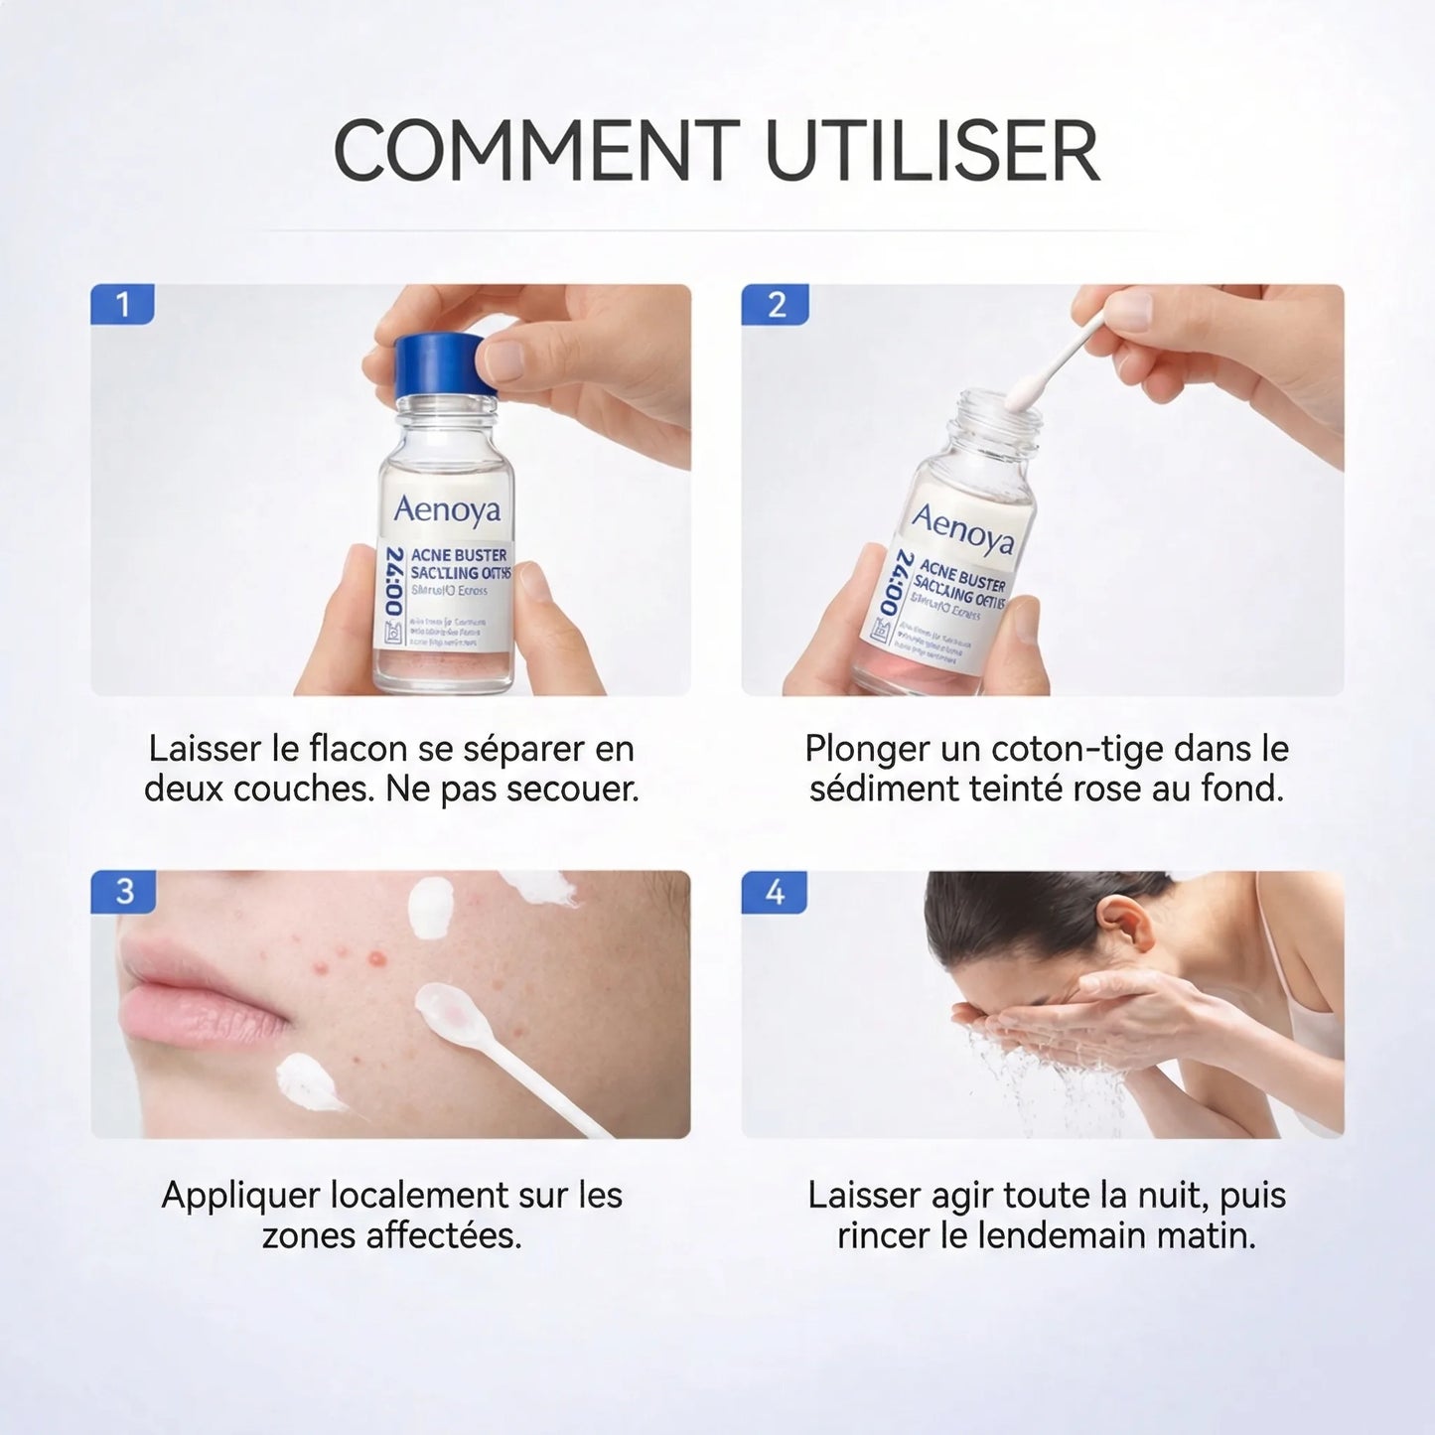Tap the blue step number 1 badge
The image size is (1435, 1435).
coord(122,305)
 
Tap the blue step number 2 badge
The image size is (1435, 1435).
coord(775,305)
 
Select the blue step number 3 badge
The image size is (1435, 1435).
coord(123,891)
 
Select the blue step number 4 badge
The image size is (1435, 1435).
coord(775,891)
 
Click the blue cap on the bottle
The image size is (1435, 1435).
coord(435,363)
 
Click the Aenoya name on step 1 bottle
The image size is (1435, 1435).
coord(447,509)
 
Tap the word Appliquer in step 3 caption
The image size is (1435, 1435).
coord(240,1196)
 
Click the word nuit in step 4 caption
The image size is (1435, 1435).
coord(1166,1196)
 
